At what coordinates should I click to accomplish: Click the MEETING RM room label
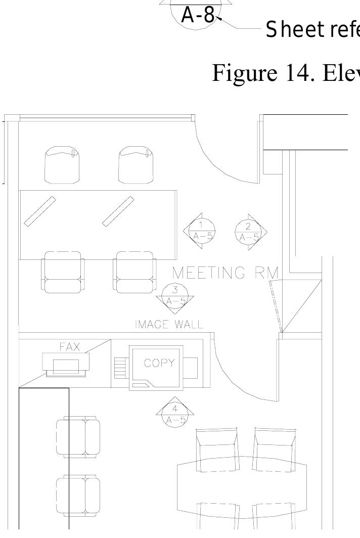(226, 273)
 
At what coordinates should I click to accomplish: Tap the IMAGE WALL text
(169, 325)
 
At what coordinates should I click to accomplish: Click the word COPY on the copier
(159, 363)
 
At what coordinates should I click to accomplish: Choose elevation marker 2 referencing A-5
(249, 231)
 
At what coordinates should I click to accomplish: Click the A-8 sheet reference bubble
(198, 16)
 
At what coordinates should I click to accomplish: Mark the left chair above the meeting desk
(62, 165)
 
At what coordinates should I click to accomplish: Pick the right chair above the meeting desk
(136, 165)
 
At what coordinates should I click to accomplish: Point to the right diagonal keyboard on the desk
(118, 210)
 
